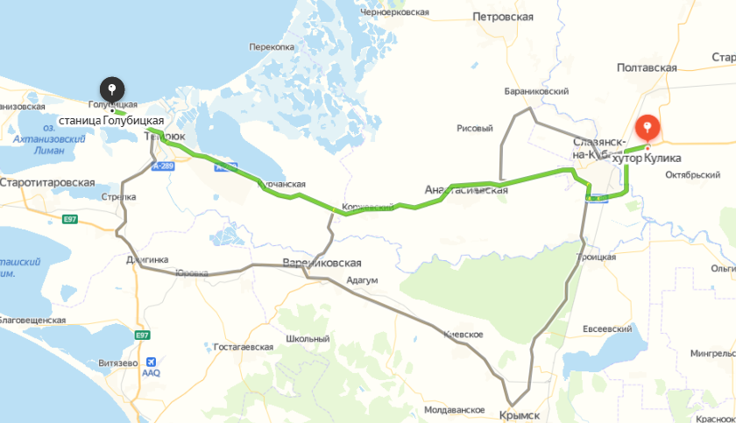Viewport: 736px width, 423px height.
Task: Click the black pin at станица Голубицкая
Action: click(112, 89)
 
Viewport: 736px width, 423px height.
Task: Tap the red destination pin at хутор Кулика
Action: click(648, 129)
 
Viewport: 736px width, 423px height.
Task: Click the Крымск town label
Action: click(519, 414)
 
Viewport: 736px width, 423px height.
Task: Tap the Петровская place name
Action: click(502, 17)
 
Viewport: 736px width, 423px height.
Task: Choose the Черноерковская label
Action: click(394, 12)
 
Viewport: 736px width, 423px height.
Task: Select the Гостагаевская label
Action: click(243, 347)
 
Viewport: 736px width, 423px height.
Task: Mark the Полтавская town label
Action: click(647, 67)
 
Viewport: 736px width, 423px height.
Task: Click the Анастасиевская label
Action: click(465, 189)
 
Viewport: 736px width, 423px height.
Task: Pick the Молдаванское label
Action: click(454, 410)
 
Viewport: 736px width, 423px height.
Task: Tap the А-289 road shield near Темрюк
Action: click(163, 165)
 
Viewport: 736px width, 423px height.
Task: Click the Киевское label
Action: click(464, 335)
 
